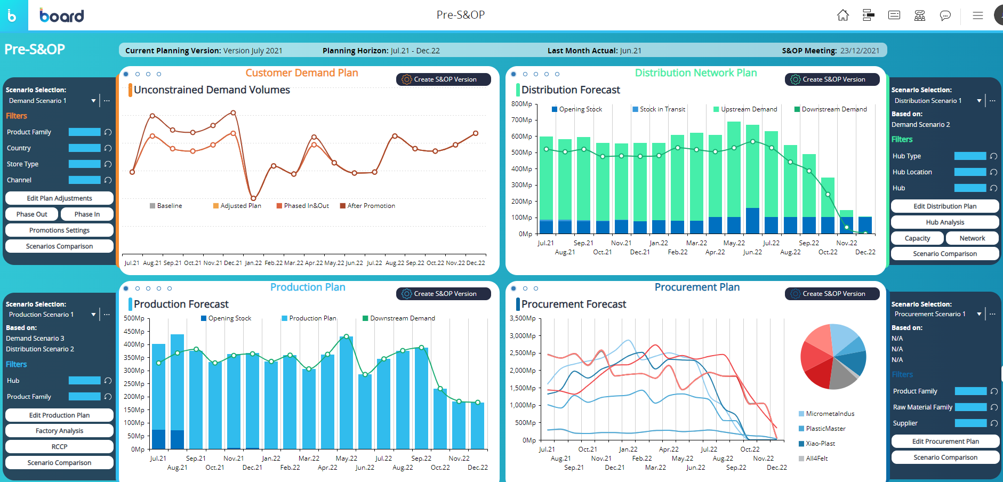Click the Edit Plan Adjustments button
pyautogui.click(x=59, y=198)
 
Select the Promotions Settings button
pyautogui.click(x=59, y=230)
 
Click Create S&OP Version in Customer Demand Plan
pyautogui.click(x=444, y=79)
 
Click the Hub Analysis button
pyautogui.click(x=945, y=222)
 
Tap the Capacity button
pyautogui.click(x=917, y=238)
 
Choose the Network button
pyautogui.click(x=972, y=238)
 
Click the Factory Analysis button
pyautogui.click(x=59, y=431)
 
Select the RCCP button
pyautogui.click(x=59, y=447)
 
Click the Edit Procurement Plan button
pyautogui.click(x=945, y=441)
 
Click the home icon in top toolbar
pyautogui.click(x=842, y=15)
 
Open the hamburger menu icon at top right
pyautogui.click(x=977, y=15)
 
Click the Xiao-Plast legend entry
pyautogui.click(x=820, y=444)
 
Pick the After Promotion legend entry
pyautogui.click(x=371, y=206)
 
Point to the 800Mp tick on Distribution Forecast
pyautogui.click(x=521, y=104)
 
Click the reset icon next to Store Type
pyautogui.click(x=108, y=164)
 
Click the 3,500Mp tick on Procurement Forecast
pyautogui.click(x=523, y=318)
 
